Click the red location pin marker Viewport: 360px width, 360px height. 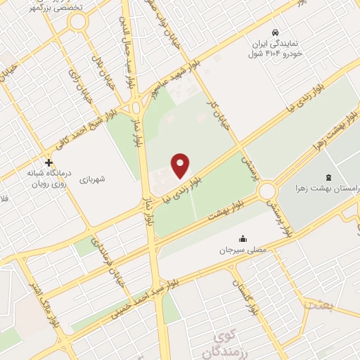tap(181, 165)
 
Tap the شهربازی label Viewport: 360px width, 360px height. tap(91, 179)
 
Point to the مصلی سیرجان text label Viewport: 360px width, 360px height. tap(243, 250)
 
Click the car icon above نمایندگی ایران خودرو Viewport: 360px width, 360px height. tap(276, 33)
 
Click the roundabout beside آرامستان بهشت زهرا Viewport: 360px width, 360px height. tap(267, 190)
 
